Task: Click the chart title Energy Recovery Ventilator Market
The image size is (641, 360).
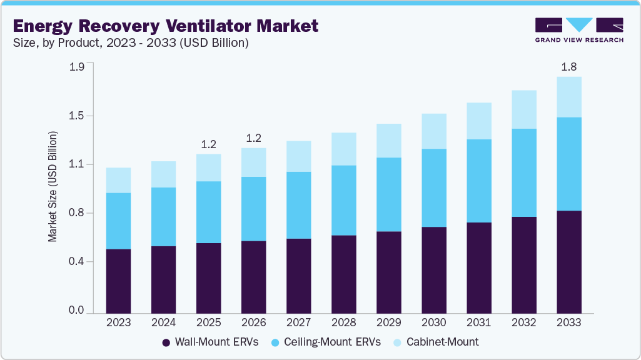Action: coord(166,26)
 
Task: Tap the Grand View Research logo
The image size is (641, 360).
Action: coord(578,30)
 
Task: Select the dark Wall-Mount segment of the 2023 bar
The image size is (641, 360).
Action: coord(118,281)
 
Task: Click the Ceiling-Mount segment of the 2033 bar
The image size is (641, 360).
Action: coord(568,164)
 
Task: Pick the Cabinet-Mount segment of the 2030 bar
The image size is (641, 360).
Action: coord(433,131)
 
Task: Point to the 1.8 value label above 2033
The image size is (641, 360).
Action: coord(568,67)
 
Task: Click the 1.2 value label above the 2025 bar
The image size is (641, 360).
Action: coord(208,144)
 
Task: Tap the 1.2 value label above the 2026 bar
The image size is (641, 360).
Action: coord(253,138)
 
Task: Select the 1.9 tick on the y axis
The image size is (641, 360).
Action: coord(76,67)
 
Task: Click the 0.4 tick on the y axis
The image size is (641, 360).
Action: coord(76,262)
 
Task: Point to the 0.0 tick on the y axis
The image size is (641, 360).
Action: coord(76,311)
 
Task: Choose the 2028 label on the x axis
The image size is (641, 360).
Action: coord(343,323)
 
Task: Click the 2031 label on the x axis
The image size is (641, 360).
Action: coord(478,323)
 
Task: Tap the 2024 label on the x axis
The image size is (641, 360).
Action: coord(163,323)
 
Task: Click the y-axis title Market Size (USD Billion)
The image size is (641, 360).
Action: coord(53,187)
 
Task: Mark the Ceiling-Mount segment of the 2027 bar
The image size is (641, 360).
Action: coord(298,205)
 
